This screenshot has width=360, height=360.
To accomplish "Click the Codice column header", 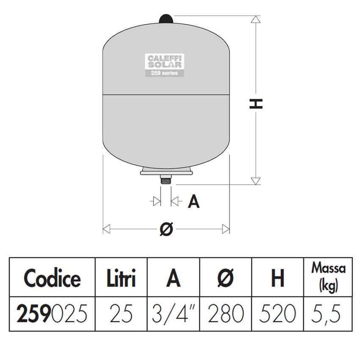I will coord(52,278).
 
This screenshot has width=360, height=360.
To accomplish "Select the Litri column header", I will coord(120,278).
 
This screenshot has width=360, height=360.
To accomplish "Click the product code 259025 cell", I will coord(52,314).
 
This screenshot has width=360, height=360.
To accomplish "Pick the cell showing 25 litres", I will coord(120,314).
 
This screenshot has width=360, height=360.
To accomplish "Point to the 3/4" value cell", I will coord(173,314).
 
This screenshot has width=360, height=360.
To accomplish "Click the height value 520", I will coord(277,314).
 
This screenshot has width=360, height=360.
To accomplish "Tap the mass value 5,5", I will coord(328,314).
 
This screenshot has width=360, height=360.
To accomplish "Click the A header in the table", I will coord(173,278).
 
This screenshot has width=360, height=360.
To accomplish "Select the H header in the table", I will coord(277,278).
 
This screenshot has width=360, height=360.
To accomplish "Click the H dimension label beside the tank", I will coord(256,103).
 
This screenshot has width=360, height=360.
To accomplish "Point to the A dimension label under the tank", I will coord(193,202).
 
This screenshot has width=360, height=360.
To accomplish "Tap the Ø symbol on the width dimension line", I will coord(166,229).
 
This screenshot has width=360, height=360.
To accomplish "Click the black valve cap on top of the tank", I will coord(166,19).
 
